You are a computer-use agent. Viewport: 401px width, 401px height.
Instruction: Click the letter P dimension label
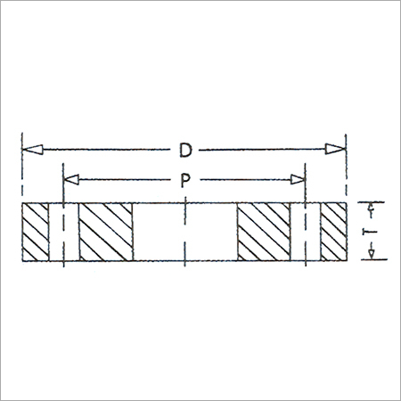point(184,180)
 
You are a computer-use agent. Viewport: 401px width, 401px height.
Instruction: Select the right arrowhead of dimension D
point(337,147)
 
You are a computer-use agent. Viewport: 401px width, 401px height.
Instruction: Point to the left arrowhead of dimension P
point(72,180)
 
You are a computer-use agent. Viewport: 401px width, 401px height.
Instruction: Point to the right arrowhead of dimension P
point(297,180)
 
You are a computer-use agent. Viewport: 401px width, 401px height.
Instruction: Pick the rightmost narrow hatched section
point(333,233)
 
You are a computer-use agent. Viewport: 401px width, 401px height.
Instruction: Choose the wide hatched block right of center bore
point(262,233)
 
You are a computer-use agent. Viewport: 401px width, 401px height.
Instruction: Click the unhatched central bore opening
point(184,233)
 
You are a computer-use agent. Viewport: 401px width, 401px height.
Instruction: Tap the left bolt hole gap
point(63,233)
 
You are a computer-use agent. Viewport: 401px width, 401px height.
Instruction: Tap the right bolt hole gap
point(305,233)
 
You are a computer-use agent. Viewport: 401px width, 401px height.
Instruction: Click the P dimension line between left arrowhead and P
point(125,180)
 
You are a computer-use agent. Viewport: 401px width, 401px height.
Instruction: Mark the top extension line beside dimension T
point(374,203)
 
